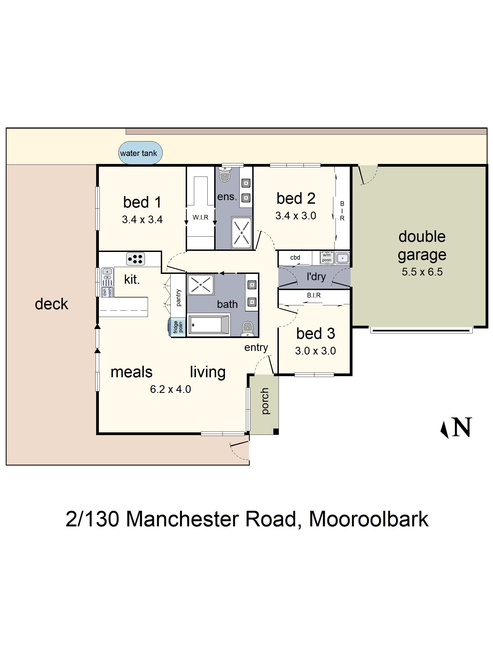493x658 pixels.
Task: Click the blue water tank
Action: click(140, 153)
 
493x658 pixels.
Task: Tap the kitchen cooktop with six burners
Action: click(136, 259)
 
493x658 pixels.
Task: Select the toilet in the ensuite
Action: click(225, 174)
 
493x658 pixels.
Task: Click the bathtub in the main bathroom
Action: click(209, 325)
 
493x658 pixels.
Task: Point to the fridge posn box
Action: click(177, 327)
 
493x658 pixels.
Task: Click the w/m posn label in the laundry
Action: click(326, 257)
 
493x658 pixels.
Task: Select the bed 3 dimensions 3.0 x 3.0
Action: click(315, 351)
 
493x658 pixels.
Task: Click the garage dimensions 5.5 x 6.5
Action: click(422, 272)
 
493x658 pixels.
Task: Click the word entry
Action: click(256, 347)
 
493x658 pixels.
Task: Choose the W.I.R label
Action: click(200, 217)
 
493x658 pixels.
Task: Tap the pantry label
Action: click(178, 297)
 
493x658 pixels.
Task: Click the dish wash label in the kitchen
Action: click(107, 292)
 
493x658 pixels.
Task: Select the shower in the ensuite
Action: click(242, 232)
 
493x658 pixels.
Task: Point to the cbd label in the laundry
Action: click(295, 258)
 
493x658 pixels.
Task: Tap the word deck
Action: click(51, 304)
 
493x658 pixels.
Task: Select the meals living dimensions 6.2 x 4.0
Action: click(170, 389)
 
